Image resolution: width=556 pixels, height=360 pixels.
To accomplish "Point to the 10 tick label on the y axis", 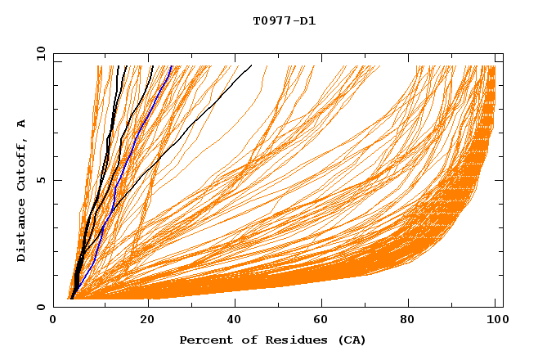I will click(40, 53).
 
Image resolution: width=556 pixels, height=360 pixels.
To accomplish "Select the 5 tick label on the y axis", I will click(43, 180).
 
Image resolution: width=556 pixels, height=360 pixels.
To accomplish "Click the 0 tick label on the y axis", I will click(43, 307).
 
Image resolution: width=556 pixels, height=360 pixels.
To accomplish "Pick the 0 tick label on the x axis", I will click(53, 320).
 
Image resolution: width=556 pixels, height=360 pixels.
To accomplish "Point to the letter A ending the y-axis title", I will click(22, 124).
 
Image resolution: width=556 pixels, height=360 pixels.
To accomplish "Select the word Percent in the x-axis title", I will click(204, 340).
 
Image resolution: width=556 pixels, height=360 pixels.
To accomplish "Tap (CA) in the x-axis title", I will click(349, 340).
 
